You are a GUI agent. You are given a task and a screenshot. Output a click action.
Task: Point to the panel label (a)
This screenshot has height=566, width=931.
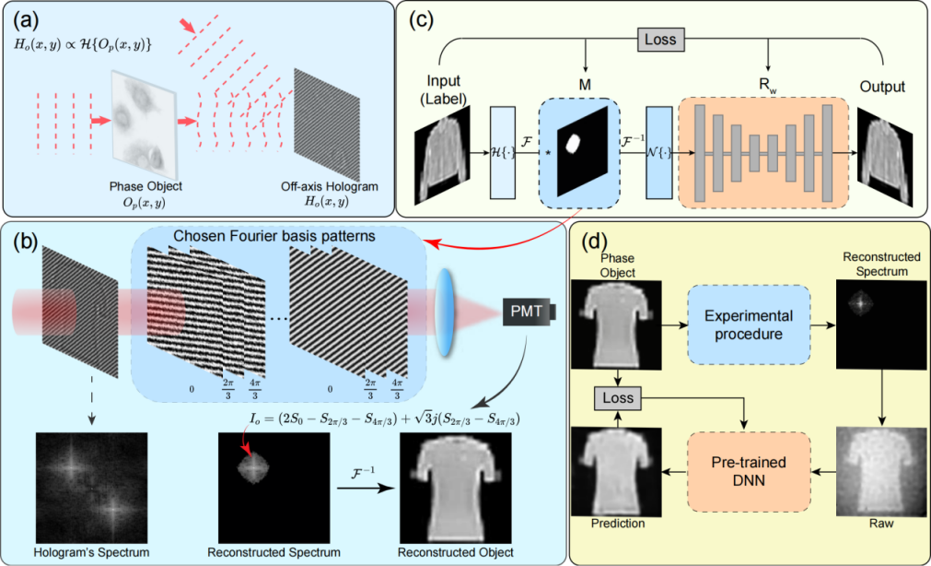pyautogui.click(x=23, y=18)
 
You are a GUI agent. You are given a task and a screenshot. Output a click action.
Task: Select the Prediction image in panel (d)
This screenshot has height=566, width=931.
pyautogui.click(x=614, y=471)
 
